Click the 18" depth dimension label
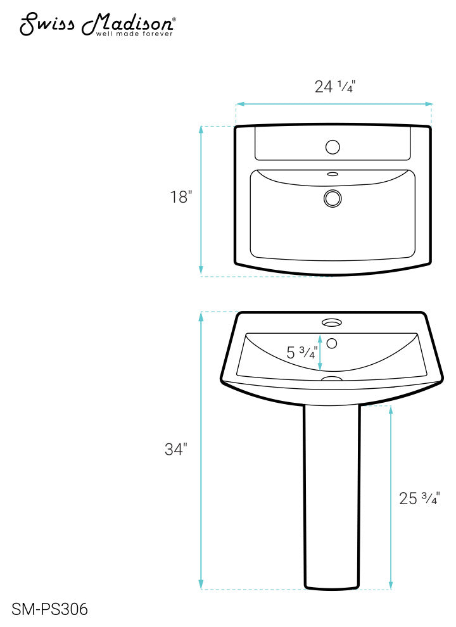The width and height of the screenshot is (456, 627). [x=180, y=197]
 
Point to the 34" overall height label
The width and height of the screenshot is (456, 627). [x=175, y=450]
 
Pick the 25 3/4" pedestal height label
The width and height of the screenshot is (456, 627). [x=419, y=498]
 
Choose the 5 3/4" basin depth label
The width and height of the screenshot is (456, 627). [x=301, y=353]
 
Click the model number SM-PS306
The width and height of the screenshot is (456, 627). [x=49, y=609]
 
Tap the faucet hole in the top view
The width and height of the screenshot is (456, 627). [x=332, y=147]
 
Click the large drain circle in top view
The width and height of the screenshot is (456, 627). [x=332, y=199]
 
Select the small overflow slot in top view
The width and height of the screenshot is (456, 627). [x=332, y=173]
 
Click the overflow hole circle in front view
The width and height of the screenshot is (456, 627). [x=332, y=343]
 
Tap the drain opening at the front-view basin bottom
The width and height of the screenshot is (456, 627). [x=332, y=379]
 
